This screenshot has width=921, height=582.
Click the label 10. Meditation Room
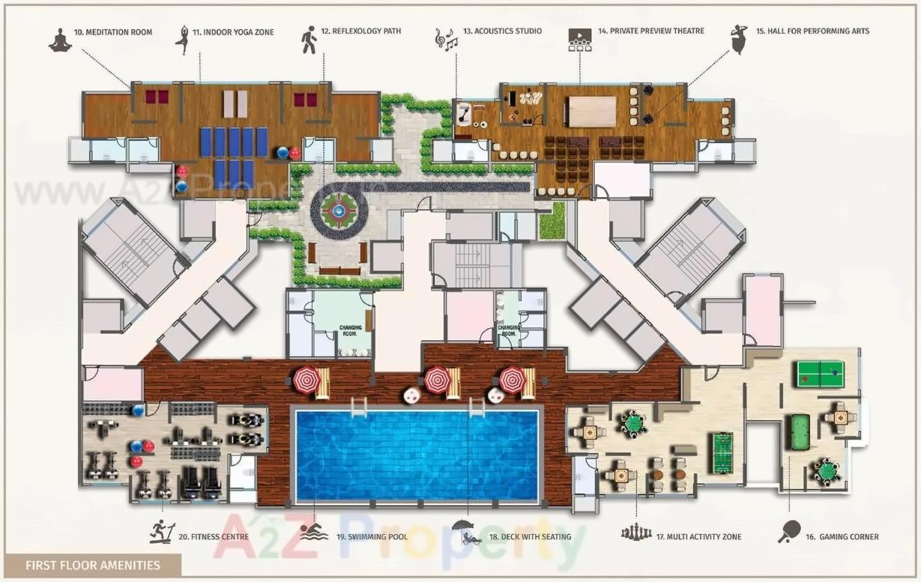tap(112, 32)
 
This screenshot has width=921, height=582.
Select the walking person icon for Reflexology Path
tap(309, 39)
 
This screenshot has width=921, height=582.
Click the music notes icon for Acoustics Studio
tap(446, 39)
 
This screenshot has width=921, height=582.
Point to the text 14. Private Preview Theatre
tap(650, 31)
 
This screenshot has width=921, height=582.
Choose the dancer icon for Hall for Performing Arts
tap(739, 39)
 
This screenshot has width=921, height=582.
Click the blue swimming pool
tap(417, 455)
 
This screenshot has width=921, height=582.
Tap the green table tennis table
tap(819, 372)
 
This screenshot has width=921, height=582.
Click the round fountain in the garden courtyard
tap(339, 211)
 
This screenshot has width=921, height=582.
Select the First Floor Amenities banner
tap(93, 565)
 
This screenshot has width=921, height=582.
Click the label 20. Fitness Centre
tap(220, 536)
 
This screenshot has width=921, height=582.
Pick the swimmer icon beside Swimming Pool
tap(314, 533)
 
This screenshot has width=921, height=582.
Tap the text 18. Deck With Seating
tap(530, 536)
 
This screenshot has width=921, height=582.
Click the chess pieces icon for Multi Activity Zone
tap(635, 533)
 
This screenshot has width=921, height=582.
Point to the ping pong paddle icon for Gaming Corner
tap(789, 531)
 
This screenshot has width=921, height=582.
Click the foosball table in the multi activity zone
tap(722, 452)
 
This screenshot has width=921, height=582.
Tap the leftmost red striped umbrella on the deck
tap(306, 380)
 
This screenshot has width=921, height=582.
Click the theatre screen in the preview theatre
tap(591, 112)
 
